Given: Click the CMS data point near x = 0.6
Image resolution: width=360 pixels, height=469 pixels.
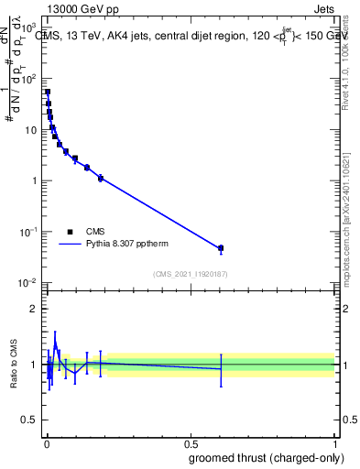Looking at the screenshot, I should coord(221,248).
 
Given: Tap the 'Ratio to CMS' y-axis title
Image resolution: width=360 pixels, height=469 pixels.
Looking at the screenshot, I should coord(15,365).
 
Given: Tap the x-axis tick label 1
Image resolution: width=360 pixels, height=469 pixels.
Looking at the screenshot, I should coord(335,443).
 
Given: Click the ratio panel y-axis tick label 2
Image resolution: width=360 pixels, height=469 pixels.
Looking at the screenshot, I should coord(36,309).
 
